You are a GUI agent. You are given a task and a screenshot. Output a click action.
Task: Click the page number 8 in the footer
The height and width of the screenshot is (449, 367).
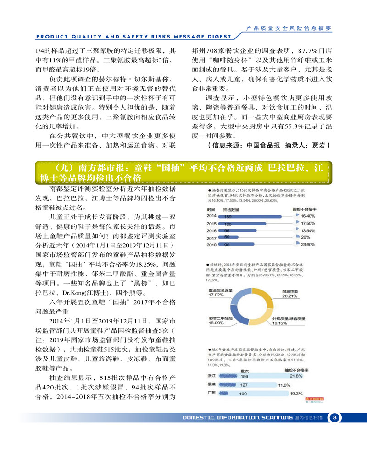click(335, 417)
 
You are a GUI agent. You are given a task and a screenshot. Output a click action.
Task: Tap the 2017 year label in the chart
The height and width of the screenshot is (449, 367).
click(211, 238)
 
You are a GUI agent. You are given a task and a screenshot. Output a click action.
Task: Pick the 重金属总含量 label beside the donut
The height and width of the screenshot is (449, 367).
click(219, 290)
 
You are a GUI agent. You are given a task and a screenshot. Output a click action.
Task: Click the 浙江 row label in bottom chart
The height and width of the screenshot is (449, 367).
click(213, 376)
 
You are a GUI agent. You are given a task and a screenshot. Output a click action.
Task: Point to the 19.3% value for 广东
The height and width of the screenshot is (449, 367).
click(296, 394)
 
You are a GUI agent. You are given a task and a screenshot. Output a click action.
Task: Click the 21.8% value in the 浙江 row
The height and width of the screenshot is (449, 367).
click(296, 376)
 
